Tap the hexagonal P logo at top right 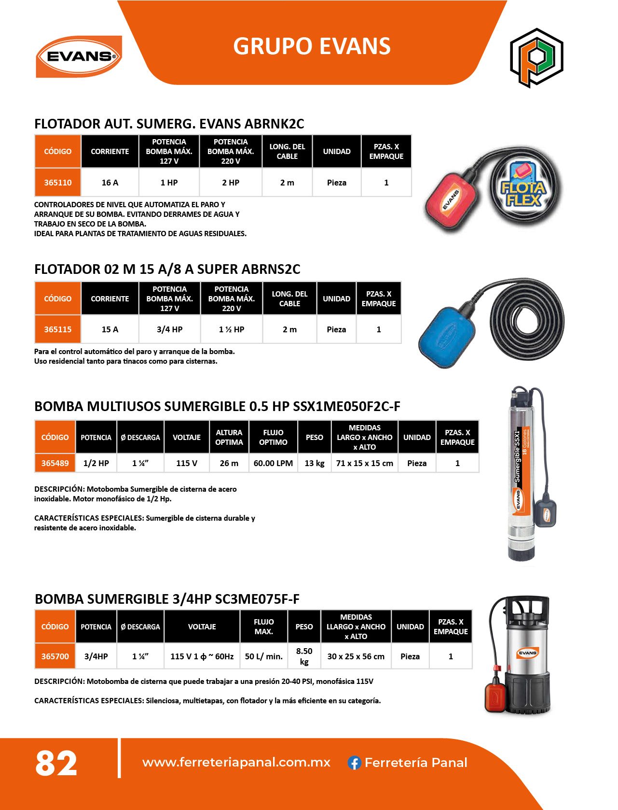click(536, 57)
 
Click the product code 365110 click(58, 183)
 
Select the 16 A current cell click(110, 183)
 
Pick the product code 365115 click(58, 329)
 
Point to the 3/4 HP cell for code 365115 click(169, 329)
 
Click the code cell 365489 click(55, 463)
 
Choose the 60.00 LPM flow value click(273, 463)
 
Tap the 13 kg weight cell click(315, 463)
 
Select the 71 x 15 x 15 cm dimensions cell click(365, 463)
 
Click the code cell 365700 click(55, 656)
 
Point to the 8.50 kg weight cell click(304, 656)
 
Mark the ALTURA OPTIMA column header click(229, 437)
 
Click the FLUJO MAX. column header click(264, 626)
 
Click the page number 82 click(56, 764)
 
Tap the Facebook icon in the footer click(355, 763)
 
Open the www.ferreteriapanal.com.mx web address click(236, 762)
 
